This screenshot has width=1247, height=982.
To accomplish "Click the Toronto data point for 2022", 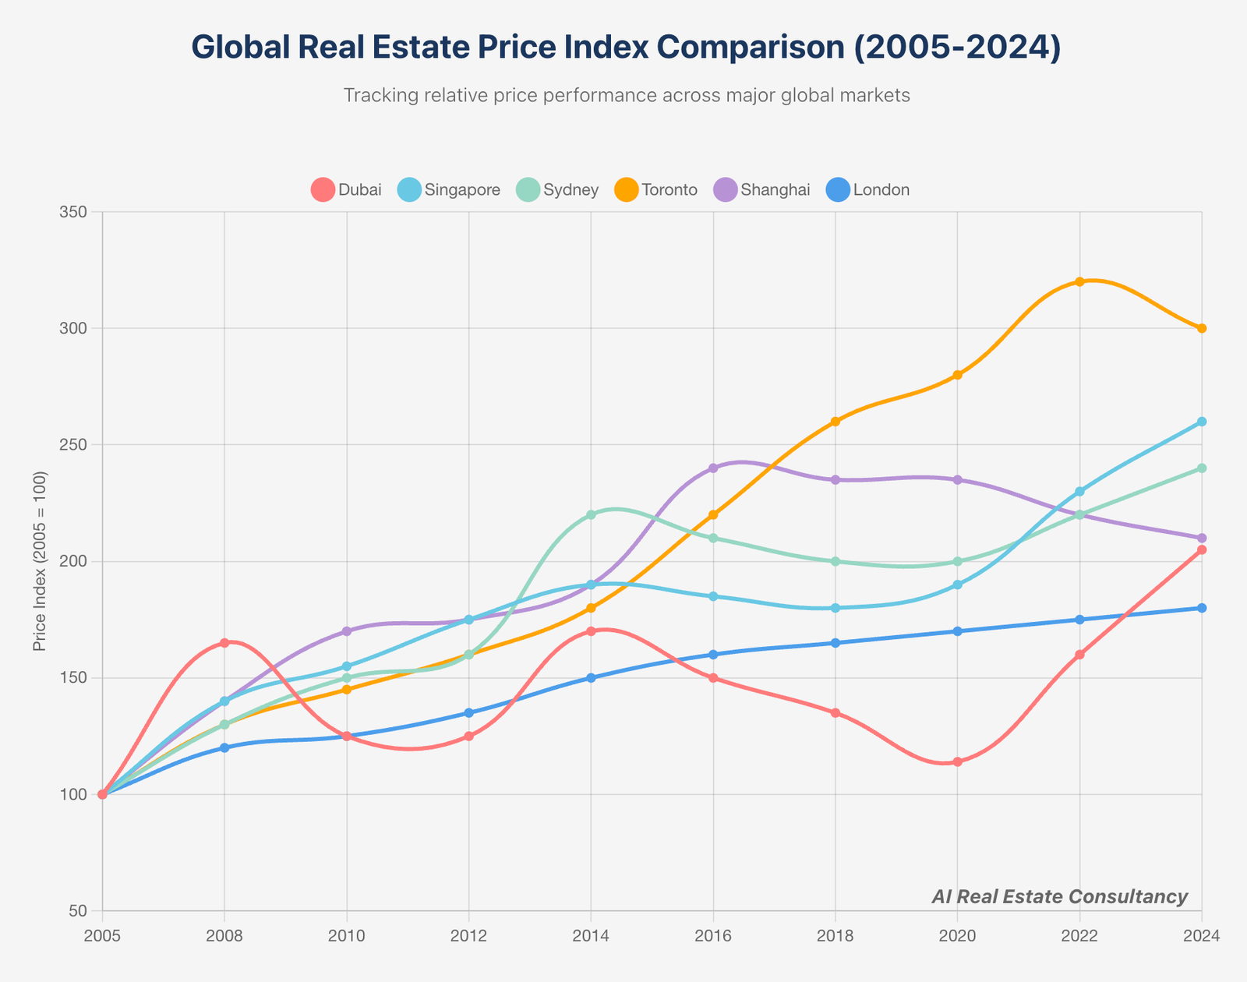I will [x=1079, y=281].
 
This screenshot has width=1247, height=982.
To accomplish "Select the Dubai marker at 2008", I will [x=224, y=643].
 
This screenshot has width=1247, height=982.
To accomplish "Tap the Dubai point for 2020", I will [x=957, y=761].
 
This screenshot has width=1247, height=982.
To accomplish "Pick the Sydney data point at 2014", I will [x=591, y=514].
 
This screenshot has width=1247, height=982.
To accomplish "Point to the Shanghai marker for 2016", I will [x=713, y=468].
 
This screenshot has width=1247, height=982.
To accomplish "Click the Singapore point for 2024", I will [x=1202, y=422].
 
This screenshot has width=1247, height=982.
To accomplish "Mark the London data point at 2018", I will [x=835, y=643].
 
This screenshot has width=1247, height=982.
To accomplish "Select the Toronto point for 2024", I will [x=1202, y=328].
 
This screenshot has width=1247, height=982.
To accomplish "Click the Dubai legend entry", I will [x=346, y=189].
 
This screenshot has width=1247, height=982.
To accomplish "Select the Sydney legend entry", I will [x=557, y=189].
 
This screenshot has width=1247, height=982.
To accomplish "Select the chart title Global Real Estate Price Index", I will [x=626, y=48].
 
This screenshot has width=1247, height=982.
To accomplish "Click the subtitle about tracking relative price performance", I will [x=626, y=96].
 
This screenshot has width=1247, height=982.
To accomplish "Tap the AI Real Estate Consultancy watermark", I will [x=1059, y=896].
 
